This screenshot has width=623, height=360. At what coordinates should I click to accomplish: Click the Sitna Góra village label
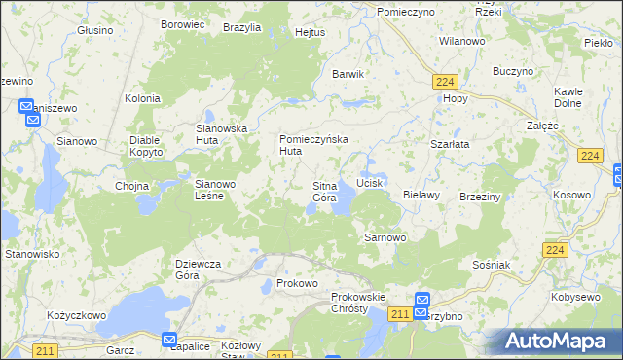[x=324, y=192]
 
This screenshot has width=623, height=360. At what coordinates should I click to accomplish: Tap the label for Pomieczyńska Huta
[x=313, y=145]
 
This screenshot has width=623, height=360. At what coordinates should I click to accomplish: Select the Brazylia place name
[x=241, y=28]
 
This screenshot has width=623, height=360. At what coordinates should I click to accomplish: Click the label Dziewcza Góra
[x=200, y=270]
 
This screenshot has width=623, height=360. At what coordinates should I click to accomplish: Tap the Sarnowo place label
[x=384, y=237]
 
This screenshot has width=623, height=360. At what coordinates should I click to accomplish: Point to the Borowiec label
[x=180, y=23]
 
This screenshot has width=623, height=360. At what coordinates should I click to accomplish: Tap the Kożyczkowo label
[x=76, y=316]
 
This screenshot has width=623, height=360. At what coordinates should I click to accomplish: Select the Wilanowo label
[x=462, y=42]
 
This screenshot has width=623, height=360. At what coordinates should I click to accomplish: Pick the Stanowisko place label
[x=33, y=254]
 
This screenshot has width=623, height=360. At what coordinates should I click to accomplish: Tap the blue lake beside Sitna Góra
[x=343, y=202]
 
